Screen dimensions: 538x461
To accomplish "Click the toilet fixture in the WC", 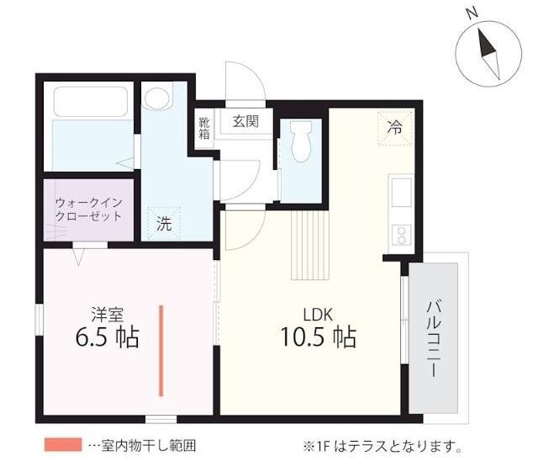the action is (301, 141).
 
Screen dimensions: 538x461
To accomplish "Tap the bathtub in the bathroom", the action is (91, 102).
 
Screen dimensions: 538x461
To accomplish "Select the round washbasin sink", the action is (157, 98).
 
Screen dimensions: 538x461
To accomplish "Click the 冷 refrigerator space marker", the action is (395, 128).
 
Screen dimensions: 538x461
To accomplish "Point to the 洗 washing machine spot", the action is (164, 224).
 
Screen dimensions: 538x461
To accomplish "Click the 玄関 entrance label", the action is (245, 121).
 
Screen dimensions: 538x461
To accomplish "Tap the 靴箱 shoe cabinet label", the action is (204, 128).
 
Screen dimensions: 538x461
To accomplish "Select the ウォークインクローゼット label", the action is (88, 209).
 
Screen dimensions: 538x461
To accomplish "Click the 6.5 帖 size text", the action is (107, 336).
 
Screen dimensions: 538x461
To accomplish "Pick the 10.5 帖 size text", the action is (319, 336).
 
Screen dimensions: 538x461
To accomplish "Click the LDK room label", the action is (318, 315).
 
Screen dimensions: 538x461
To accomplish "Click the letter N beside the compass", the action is (472, 13).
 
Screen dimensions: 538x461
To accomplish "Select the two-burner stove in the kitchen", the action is (402, 235).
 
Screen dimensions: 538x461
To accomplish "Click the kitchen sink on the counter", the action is (402, 193).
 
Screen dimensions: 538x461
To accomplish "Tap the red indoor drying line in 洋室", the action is (161, 351).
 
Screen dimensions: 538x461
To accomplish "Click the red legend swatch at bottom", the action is (63, 444).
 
